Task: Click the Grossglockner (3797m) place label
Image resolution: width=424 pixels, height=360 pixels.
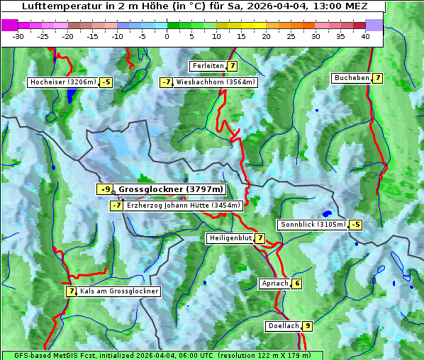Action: coord(171,189)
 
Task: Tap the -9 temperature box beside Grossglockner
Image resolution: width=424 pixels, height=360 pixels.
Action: coord(105,189)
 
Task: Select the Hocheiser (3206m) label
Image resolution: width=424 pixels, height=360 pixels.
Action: coord(62,82)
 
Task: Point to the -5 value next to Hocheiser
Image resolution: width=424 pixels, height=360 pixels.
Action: coord(106,82)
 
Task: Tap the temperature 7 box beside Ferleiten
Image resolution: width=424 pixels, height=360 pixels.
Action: coord(233,66)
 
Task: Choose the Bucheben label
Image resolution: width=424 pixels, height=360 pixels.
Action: coord(351,78)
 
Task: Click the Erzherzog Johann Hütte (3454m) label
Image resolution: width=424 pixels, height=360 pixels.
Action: coord(184,206)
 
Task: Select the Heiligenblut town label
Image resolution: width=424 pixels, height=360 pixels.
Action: coord(230,238)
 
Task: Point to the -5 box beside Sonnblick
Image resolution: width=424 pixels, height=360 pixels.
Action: coord(355,225)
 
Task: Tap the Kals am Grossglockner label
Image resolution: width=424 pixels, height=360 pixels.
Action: coord(119,291)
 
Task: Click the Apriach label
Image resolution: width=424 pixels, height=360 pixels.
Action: coord(274,283)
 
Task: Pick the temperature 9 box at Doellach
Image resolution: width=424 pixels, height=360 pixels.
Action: coord(307,326)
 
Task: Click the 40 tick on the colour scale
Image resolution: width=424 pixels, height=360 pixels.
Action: coord(365,36)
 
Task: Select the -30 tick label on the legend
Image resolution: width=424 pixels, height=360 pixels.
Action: coord(18,36)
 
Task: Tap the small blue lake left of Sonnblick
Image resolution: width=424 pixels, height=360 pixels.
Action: coord(326,213)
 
